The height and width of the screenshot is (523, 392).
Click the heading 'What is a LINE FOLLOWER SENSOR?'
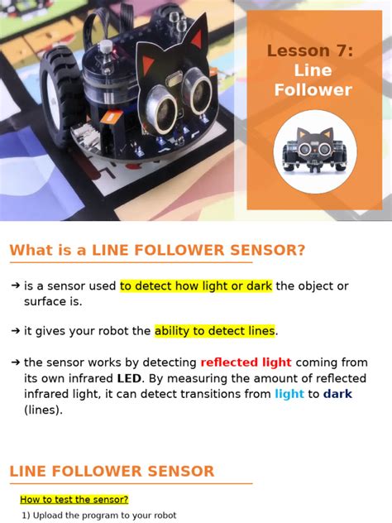(x=157, y=250)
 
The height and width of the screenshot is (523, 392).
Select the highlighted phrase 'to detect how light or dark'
(x=196, y=285)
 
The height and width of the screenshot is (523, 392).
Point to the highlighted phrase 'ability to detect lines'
(x=214, y=331)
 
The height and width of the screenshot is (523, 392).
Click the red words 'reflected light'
(x=246, y=362)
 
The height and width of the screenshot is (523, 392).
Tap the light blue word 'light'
(x=289, y=394)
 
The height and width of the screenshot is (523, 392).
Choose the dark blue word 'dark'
(x=337, y=394)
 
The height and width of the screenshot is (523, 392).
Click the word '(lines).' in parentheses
(x=43, y=409)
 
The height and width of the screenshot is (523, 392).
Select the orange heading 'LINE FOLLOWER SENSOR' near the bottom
(x=112, y=471)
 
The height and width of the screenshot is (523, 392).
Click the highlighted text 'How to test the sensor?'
(x=74, y=499)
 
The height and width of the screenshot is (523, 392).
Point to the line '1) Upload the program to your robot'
(x=99, y=515)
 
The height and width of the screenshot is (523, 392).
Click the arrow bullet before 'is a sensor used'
(x=15, y=285)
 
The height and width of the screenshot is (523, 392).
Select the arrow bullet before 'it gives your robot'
(x=15, y=331)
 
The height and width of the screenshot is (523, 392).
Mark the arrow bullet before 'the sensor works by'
(x=15, y=362)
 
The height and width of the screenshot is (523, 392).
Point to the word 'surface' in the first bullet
(x=45, y=301)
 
